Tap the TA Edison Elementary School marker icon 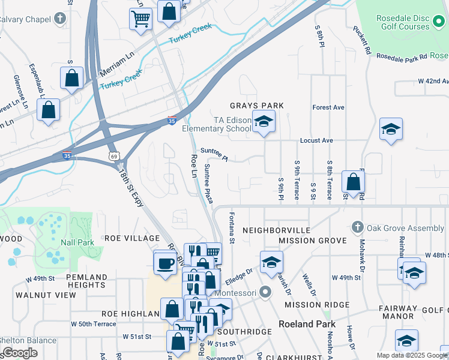point(263,122)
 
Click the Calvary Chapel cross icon point(59,19)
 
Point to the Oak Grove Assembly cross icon point(357,227)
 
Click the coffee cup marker point(164,262)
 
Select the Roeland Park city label point(304,324)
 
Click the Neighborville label point(276,230)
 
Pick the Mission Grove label point(312,241)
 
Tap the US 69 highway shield point(113,156)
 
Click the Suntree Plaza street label point(209,184)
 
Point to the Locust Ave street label point(317,140)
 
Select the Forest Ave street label point(328,107)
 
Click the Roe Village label point(132,238)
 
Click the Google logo point(20,353)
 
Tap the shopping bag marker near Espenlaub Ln point(71,77)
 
